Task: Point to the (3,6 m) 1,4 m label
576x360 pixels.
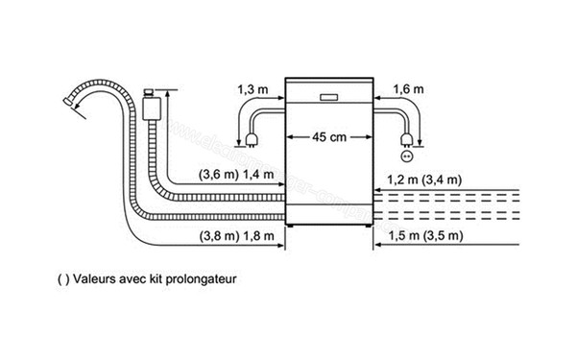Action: pyautogui.click(x=237, y=176)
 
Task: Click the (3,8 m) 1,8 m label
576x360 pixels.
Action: pyautogui.click(x=237, y=236)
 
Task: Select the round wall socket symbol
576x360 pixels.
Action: pyautogui.click(x=405, y=154)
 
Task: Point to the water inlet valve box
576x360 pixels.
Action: pyautogui.click(x=151, y=105)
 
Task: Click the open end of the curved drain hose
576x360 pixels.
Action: pyautogui.click(x=67, y=98)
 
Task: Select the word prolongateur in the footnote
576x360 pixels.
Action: pyautogui.click(x=202, y=280)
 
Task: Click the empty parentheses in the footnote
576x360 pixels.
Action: pyautogui.click(x=62, y=280)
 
